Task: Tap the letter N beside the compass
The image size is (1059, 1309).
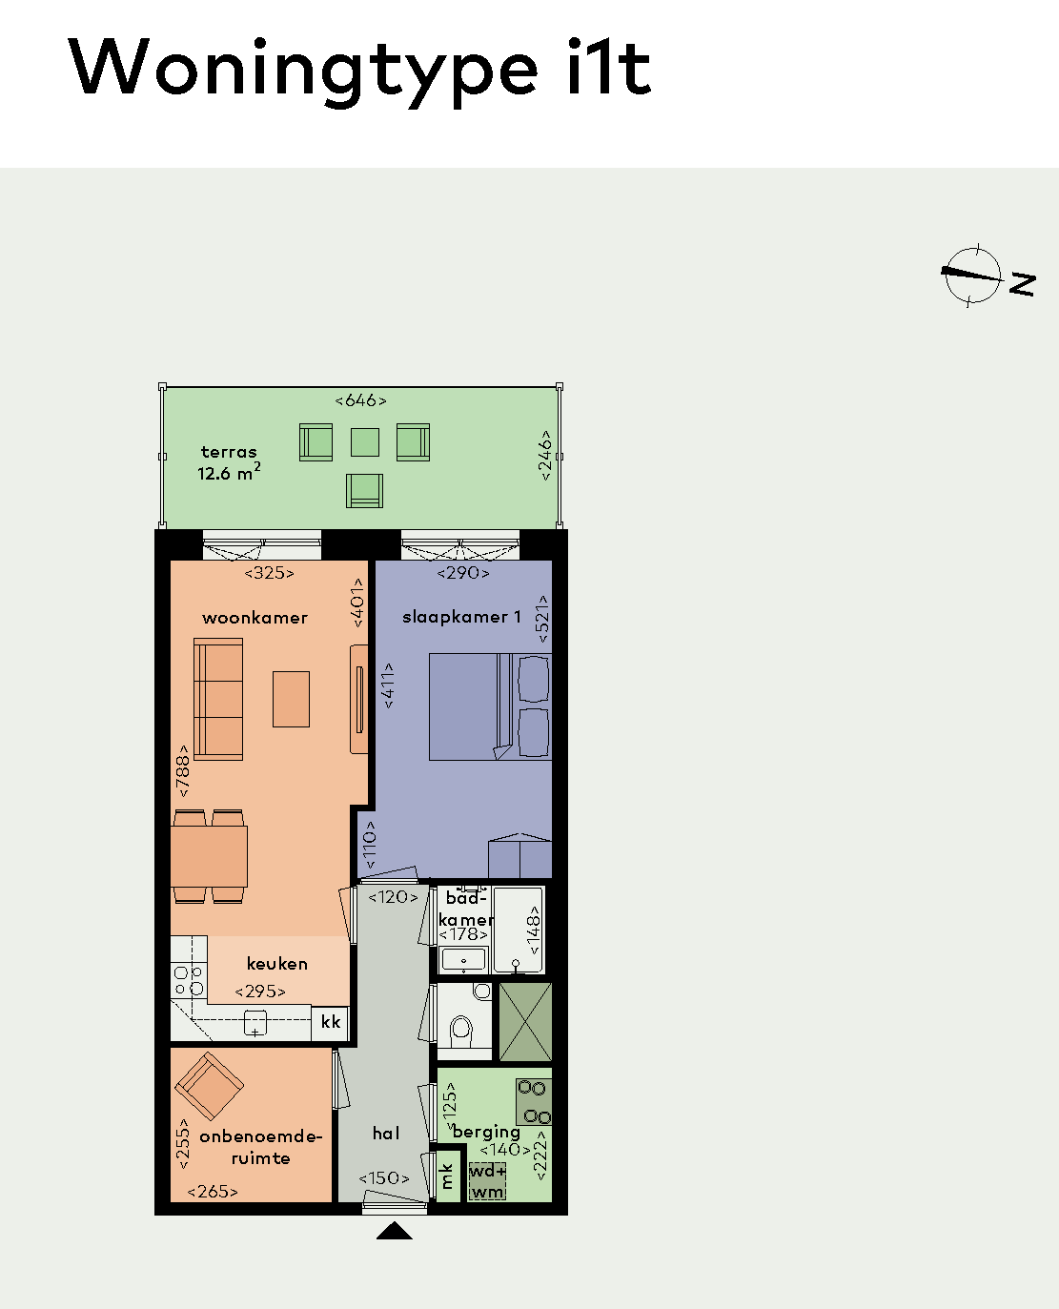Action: [1023, 284]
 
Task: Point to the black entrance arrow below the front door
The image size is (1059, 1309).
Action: [394, 1230]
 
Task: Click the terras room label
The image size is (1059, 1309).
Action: [229, 452]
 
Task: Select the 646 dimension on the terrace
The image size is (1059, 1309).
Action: [360, 400]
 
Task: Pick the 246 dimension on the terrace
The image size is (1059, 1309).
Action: [545, 456]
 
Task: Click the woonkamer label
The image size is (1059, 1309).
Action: [255, 618]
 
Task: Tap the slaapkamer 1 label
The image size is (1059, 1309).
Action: [462, 617]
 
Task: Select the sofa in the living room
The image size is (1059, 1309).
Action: [218, 699]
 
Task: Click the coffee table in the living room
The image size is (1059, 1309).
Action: [291, 700]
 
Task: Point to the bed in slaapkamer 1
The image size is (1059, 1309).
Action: [490, 706]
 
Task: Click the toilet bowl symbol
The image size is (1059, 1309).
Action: [461, 1031]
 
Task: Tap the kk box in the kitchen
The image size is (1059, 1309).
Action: [331, 1022]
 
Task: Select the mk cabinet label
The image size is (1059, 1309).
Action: [447, 1176]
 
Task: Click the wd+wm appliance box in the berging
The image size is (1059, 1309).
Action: [487, 1181]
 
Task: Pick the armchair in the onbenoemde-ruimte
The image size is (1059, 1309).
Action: [210, 1086]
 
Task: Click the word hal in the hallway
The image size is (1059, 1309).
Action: [386, 1133]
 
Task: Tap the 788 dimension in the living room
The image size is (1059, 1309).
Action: [182, 770]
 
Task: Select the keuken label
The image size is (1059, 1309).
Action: [277, 963]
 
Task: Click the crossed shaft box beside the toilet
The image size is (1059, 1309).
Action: [525, 1022]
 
